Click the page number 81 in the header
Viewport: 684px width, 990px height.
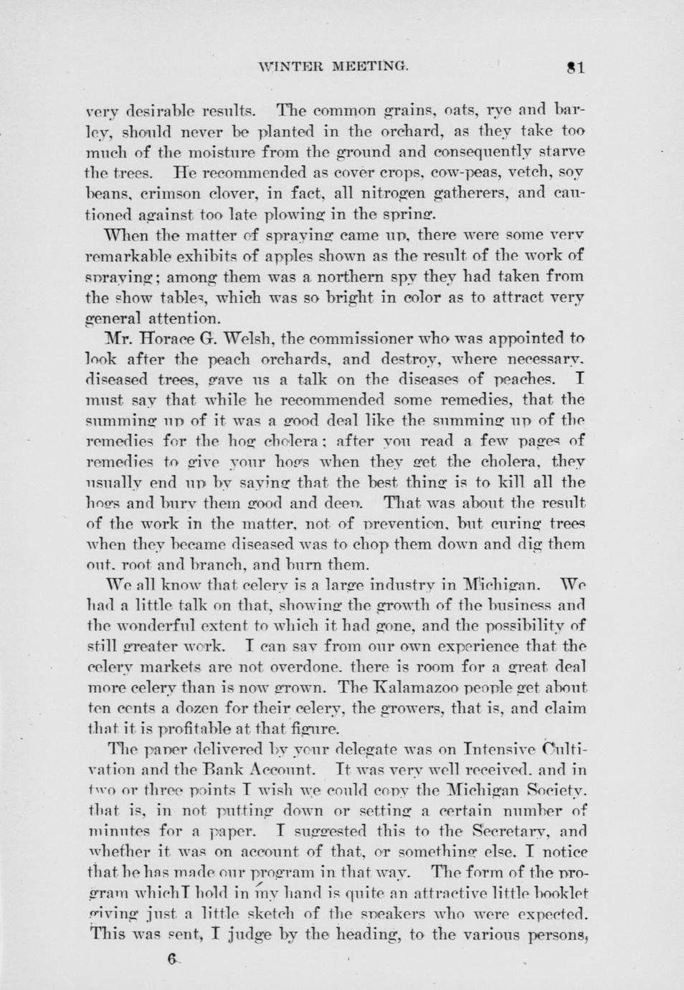[x=576, y=67]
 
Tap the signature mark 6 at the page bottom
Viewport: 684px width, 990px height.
[x=171, y=959]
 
